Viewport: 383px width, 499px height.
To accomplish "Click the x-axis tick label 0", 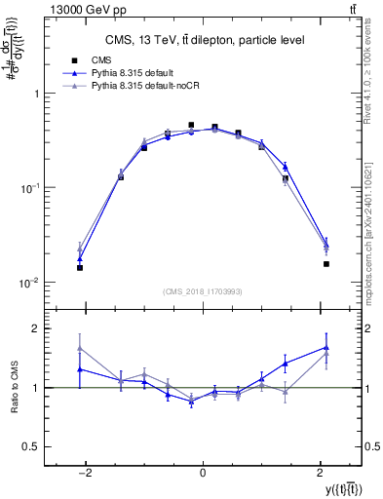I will pyautogui.click(x=202, y=472).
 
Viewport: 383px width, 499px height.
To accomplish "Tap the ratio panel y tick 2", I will pyautogui.click(x=37, y=328).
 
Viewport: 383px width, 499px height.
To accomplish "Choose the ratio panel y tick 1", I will pyautogui.click(x=37, y=388).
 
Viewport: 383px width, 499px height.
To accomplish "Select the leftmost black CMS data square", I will pyautogui.click(x=80, y=267).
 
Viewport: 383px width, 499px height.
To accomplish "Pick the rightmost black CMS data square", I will pyautogui.click(x=326, y=263).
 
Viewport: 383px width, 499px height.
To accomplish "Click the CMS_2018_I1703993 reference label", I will pyautogui.click(x=203, y=291).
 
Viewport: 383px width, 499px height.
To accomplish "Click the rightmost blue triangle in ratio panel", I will pyautogui.click(x=326, y=347).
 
